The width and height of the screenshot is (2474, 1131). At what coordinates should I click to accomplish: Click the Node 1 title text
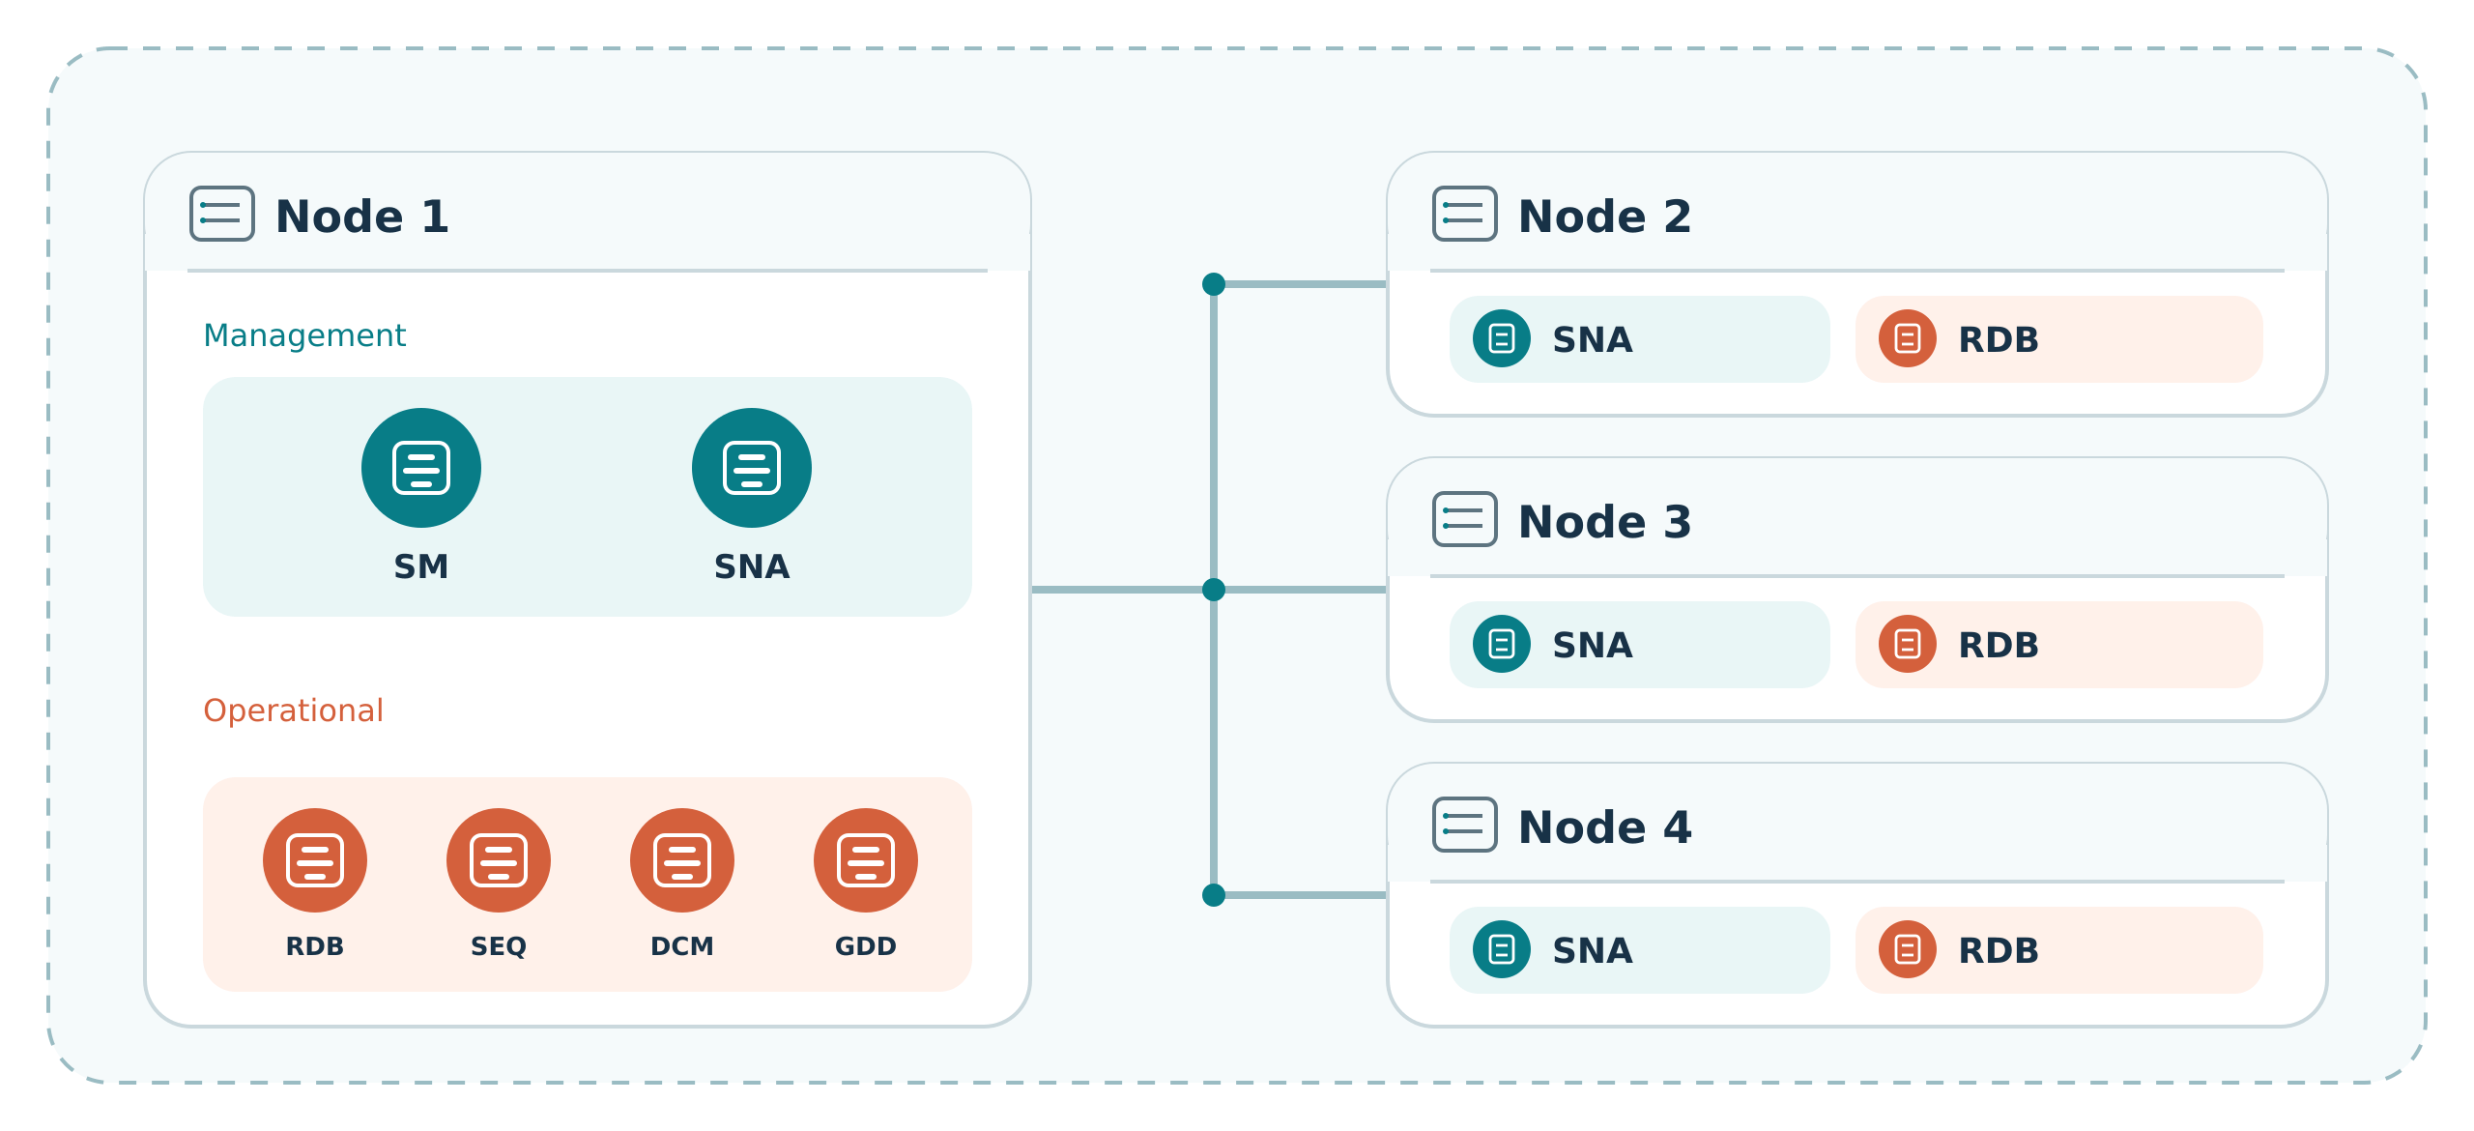point(362,216)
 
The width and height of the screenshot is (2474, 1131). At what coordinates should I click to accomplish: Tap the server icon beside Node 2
point(1464,214)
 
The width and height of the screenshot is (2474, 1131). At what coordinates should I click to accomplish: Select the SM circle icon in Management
point(421,468)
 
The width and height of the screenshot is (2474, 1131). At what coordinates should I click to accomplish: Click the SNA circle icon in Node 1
point(752,468)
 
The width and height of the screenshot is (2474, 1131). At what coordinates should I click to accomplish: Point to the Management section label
point(304,335)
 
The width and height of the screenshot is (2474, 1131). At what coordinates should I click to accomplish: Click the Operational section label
point(293,710)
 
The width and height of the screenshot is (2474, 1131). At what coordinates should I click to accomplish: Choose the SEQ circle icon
point(499,860)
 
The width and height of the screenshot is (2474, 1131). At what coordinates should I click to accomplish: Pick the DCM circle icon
point(682,860)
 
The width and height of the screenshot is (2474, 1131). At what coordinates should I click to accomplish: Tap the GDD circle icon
point(866,860)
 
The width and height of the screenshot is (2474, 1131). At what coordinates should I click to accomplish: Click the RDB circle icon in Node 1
point(315,860)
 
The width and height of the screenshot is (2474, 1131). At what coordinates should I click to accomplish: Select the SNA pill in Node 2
point(1639,339)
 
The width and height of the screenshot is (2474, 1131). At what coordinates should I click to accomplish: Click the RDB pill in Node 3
point(2058,645)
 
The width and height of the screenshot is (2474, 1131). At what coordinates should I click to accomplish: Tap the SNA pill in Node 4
point(1639,950)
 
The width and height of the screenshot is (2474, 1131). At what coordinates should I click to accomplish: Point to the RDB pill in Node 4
point(2058,950)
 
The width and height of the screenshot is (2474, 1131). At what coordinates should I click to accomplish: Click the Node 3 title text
point(1605,522)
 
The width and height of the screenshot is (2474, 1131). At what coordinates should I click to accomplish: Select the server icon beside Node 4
point(1464,825)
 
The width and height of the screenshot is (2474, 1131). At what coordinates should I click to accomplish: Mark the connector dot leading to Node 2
point(1214,284)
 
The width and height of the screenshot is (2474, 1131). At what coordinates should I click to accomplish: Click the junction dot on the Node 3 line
point(1214,590)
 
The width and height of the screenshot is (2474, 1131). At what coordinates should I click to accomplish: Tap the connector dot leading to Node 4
point(1214,895)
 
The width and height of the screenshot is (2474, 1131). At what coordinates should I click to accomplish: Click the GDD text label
point(866,946)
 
